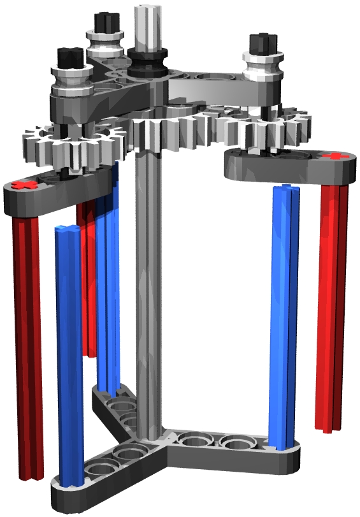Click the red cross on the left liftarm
[x=25, y=186]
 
